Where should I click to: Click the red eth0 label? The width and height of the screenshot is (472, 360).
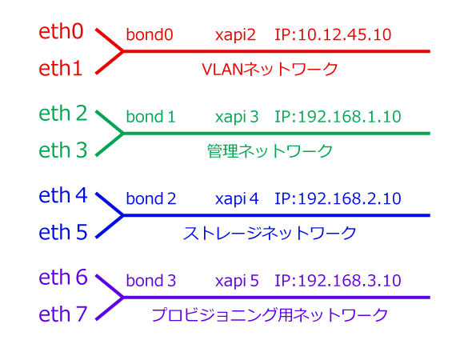[61, 31]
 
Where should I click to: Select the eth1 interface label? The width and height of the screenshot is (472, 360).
[61, 68]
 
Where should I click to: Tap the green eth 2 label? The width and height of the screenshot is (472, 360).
[63, 113]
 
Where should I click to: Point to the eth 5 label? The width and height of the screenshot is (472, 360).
[63, 232]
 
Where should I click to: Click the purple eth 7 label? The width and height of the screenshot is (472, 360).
[63, 314]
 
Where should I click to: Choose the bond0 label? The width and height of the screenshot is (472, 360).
[150, 34]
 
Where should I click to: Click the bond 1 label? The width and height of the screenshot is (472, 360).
[150, 117]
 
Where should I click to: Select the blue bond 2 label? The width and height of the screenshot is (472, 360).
[151, 198]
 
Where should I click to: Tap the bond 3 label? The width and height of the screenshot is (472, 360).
[151, 281]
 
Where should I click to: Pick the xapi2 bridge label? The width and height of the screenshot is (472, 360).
[235, 35]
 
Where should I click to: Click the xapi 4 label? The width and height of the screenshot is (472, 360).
[237, 199]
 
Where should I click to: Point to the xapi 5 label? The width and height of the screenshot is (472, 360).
[237, 281]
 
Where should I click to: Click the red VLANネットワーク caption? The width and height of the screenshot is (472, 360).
[270, 70]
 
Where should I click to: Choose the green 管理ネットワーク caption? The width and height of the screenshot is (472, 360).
[270, 151]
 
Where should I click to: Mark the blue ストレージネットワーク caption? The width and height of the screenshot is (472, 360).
[270, 234]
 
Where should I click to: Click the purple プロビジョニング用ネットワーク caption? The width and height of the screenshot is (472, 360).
[270, 315]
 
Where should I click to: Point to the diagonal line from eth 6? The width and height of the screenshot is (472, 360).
[110, 286]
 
